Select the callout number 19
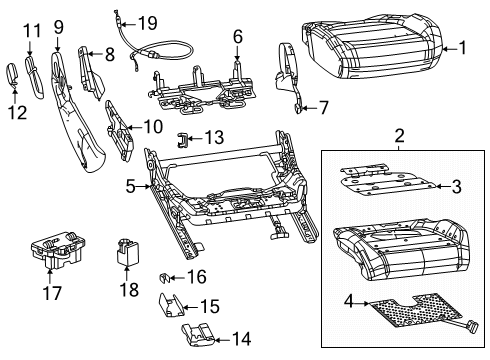click(147, 22)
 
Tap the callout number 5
click(131, 184)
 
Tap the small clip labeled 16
click(165, 275)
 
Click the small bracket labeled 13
click(183, 139)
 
